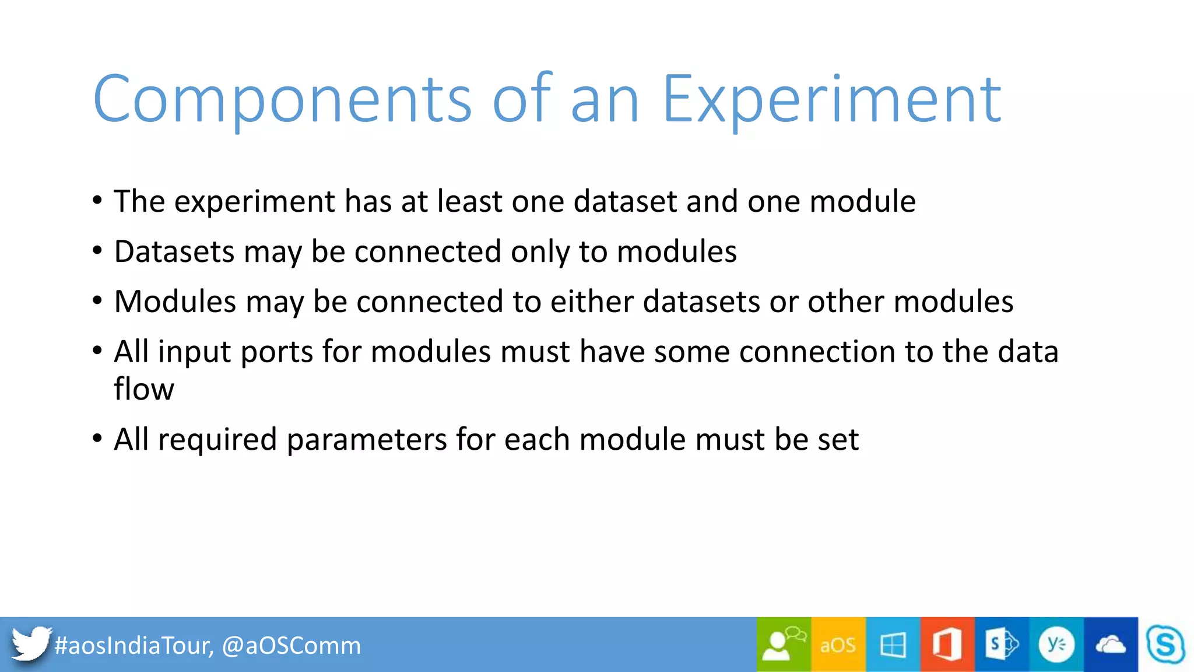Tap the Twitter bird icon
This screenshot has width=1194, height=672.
[x=30, y=644]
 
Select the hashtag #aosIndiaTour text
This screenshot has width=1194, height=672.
[x=134, y=646]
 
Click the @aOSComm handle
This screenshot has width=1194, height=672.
[x=292, y=646]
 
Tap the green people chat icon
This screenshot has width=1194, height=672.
[x=784, y=644]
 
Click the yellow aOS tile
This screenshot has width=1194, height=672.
[x=838, y=645]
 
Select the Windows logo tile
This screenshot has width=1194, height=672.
[x=893, y=645]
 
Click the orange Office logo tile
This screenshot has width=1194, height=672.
[x=947, y=645]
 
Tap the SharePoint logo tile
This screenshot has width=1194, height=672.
[x=1002, y=645]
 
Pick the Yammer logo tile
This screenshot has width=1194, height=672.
[x=1056, y=645]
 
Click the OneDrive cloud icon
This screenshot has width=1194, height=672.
[x=1111, y=645]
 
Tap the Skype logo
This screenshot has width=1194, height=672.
[x=1165, y=645]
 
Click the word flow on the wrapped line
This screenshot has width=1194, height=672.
[x=143, y=389]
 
